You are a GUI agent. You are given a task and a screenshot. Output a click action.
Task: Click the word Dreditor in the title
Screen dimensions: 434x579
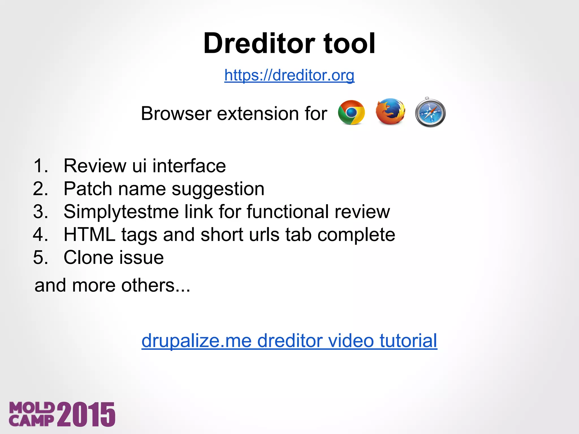pyautogui.click(x=259, y=44)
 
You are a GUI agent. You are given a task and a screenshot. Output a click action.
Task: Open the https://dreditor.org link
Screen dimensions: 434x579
pyautogui.click(x=289, y=75)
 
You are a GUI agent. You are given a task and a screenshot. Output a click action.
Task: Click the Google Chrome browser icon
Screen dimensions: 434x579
pyautogui.click(x=351, y=112)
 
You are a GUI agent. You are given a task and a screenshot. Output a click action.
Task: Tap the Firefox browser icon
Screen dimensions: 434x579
pyautogui.click(x=390, y=112)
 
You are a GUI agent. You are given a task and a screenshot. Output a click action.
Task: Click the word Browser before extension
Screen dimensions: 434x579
pyautogui.click(x=176, y=114)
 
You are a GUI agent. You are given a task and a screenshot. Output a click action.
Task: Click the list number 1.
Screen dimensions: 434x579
pyautogui.click(x=40, y=166)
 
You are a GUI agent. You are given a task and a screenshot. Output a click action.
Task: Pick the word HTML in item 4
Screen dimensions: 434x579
pyautogui.click(x=89, y=235)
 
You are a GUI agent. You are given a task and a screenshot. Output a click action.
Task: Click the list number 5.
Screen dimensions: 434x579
pyautogui.click(x=40, y=258)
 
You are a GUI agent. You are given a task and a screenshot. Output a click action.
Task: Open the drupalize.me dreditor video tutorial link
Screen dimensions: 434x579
pyautogui.click(x=289, y=341)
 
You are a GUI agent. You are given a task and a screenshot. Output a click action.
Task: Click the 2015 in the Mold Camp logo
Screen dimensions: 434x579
pyautogui.click(x=86, y=414)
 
